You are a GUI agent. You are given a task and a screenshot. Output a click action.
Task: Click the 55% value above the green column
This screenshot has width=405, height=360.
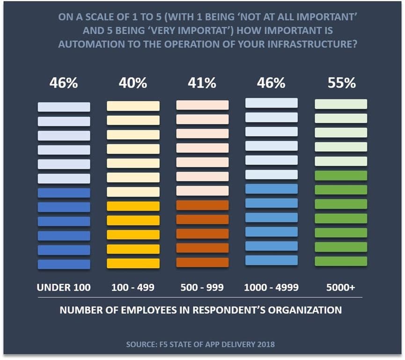pyautogui.click(x=341, y=83)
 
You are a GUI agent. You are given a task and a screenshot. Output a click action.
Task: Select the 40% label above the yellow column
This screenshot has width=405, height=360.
pyautogui.click(x=133, y=83)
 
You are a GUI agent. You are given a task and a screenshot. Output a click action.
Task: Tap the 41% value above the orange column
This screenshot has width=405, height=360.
pyautogui.click(x=202, y=83)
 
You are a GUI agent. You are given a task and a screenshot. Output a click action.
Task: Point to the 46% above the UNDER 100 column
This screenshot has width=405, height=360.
pyautogui.click(x=64, y=83)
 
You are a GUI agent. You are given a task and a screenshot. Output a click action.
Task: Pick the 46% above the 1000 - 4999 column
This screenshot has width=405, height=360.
pyautogui.click(x=271, y=83)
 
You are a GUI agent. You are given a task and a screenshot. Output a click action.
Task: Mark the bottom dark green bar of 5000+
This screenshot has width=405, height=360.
pyautogui.click(x=341, y=261)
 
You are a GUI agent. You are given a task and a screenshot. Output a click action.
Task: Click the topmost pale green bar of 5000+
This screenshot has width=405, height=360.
pyautogui.click(x=341, y=104)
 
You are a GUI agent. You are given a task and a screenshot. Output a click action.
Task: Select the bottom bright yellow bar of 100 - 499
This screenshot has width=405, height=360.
pyautogui.click(x=133, y=263)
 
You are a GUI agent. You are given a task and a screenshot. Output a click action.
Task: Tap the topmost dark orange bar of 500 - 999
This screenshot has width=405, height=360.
pyautogui.click(x=202, y=205)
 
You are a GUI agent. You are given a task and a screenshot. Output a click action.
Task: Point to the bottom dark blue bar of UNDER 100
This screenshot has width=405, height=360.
pyautogui.click(x=64, y=264)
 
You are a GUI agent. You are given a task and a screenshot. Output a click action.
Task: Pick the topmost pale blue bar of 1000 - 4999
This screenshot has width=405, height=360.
pyautogui.click(x=271, y=103)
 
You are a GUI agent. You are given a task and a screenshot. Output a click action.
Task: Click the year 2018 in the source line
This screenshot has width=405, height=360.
pyautogui.click(x=265, y=345)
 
